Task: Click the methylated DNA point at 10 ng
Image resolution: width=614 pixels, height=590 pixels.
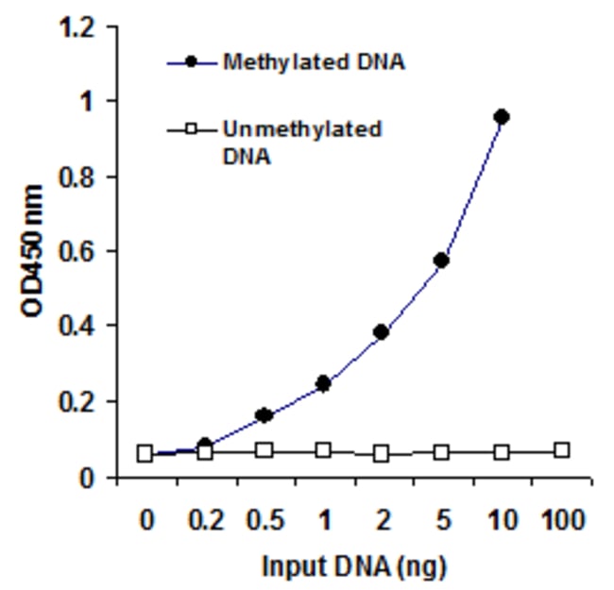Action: [502, 117]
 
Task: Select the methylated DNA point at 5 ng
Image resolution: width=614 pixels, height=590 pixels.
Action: [441, 260]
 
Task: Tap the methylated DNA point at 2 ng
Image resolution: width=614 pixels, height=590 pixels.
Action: [382, 332]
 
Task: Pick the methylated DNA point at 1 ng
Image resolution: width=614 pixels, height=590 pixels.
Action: [323, 383]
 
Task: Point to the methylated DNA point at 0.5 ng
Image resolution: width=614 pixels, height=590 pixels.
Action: [264, 415]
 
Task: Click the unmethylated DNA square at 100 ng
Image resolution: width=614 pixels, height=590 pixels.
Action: [561, 450]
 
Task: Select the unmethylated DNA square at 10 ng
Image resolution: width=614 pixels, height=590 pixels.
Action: [502, 452]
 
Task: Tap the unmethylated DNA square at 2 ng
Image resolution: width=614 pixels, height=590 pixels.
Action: [382, 453]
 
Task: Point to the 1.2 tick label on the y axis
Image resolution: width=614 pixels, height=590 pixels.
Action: [77, 28]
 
